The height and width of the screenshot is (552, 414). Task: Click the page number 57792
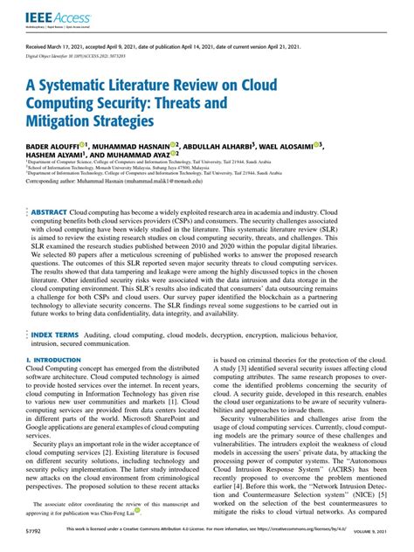[x=37, y=542]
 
